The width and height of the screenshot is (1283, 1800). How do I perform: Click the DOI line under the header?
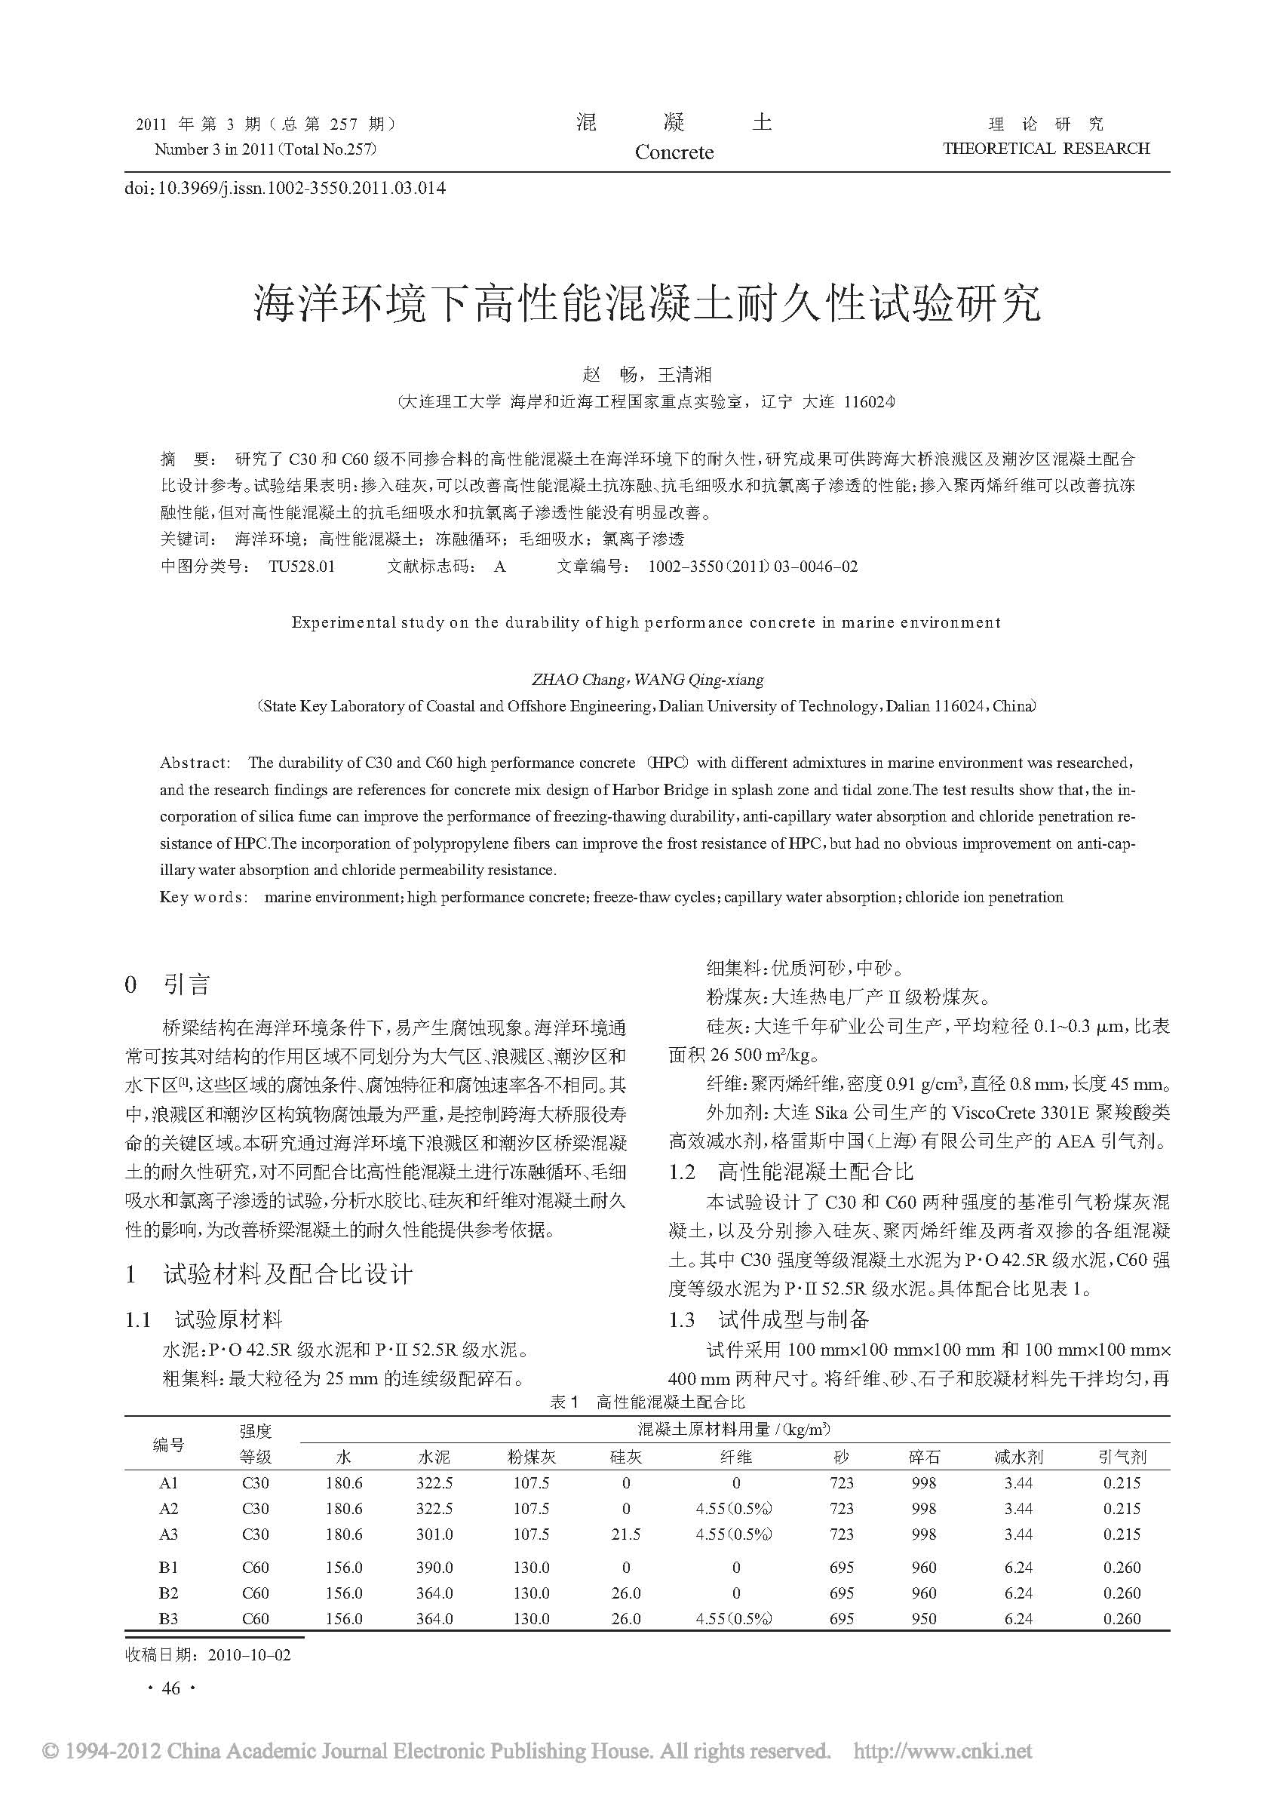coord(285,188)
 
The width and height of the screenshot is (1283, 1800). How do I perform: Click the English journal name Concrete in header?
coord(674,152)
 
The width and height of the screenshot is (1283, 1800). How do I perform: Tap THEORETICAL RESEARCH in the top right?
coord(1046,149)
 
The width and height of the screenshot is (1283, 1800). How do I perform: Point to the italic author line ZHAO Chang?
coord(647,680)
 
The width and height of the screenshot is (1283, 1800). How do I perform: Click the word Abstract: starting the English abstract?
coord(195,763)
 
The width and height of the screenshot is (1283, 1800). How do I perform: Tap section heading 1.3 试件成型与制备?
coord(769,1319)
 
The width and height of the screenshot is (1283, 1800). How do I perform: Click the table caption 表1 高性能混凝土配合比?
coord(647,1402)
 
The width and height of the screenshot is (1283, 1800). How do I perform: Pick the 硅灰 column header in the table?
coord(626,1457)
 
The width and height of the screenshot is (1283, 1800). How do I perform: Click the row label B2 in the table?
coord(168,1593)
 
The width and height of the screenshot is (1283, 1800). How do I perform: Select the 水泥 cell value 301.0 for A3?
coord(434,1534)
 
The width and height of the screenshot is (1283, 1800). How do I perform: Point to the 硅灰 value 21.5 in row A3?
coord(626,1534)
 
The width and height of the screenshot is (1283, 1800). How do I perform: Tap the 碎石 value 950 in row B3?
coord(923,1618)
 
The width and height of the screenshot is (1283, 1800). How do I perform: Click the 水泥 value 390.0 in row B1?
coord(434,1568)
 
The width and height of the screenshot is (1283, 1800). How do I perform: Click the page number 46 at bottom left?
coord(170,1688)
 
